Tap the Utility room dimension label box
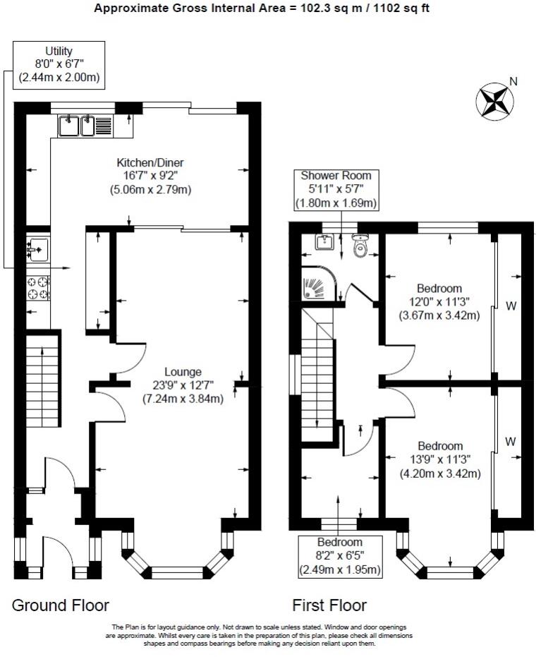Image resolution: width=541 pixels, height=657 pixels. tap(59, 65)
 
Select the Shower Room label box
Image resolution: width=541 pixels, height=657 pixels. tap(336, 189)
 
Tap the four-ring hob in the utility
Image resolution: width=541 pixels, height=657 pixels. tap(37, 288)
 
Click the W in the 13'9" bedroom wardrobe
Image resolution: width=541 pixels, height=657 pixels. tap(510, 441)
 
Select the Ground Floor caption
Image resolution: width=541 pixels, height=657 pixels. tap(61, 605)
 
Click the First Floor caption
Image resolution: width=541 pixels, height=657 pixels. tap(329, 605)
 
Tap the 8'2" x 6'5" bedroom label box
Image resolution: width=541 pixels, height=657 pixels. tap(340, 556)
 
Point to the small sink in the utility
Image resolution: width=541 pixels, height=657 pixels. tap(37, 248)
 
